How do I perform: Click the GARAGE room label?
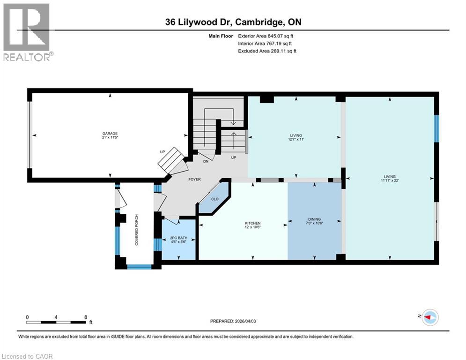tap(110, 133)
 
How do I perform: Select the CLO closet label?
tap(215, 199)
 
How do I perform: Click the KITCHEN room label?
tap(252, 223)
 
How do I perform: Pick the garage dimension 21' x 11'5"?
tap(110, 138)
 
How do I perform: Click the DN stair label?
tap(206, 162)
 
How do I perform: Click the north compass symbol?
tap(429, 317)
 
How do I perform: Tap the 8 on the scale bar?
tap(86, 317)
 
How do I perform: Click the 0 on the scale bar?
tap(28, 317)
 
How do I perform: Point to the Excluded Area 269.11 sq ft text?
tap(267, 51)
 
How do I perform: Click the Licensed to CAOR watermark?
tap(27, 356)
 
